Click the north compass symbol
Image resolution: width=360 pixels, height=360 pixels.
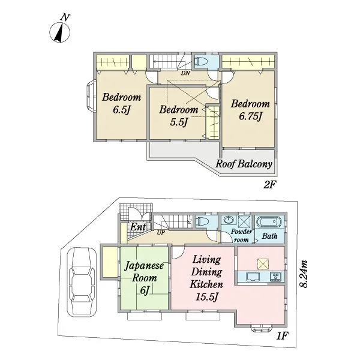60,30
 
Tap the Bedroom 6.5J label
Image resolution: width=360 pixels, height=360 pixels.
121,104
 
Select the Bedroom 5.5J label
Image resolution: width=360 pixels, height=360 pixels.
179,116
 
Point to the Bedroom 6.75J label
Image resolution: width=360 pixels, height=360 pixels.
250,110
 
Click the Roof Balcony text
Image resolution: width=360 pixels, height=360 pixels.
244,164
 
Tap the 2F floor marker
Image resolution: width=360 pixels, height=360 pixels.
269,184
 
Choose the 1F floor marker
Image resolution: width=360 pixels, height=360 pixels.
282,336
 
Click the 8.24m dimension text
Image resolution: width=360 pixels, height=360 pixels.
304,274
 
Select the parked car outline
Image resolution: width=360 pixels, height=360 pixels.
82,282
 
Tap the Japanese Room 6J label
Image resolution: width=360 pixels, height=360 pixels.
145,278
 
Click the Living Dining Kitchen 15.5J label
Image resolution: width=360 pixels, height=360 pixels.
206,278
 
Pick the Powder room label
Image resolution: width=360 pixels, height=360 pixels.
241,236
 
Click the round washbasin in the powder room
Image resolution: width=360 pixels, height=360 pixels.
229,220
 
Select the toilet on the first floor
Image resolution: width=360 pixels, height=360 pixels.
202,222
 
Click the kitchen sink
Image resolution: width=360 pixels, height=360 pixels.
253,277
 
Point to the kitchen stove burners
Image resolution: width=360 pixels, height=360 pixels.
275,276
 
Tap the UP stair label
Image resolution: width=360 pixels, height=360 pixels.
161,233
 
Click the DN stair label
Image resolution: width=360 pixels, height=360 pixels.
185,73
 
